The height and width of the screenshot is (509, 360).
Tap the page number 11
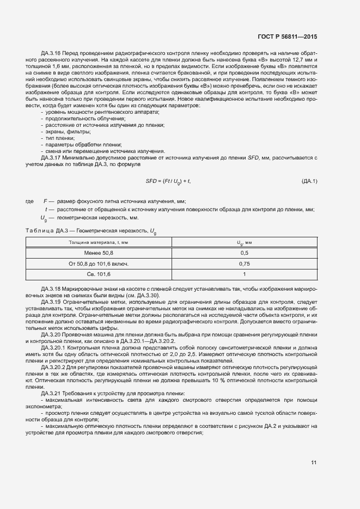[314, 463]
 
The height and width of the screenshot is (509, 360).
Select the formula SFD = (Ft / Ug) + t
[168, 181]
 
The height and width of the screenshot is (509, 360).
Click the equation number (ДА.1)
[309, 181]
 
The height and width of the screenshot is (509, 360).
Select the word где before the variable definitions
[30, 201]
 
